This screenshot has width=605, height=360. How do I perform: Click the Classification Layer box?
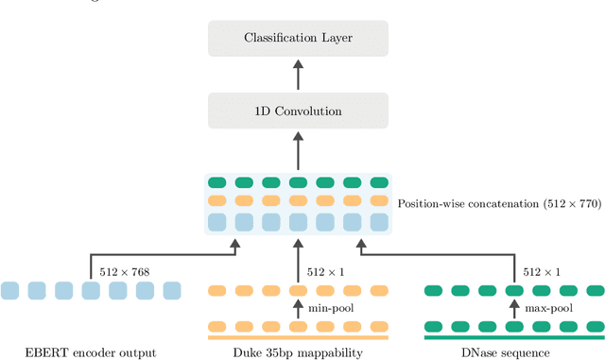(x=297, y=38)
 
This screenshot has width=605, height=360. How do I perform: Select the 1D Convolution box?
(x=297, y=111)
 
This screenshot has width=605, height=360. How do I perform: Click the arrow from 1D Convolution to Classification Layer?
(x=297, y=75)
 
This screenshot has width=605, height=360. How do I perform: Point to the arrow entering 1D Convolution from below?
(x=297, y=149)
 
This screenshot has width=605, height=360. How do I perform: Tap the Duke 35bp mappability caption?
(x=297, y=352)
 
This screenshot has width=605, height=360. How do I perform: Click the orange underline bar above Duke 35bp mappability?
(x=297, y=336)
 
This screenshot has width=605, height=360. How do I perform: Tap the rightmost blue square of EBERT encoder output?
(x=171, y=291)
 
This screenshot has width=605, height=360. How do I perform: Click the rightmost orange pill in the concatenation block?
(x=378, y=200)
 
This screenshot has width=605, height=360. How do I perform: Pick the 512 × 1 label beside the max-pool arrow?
(x=539, y=273)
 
